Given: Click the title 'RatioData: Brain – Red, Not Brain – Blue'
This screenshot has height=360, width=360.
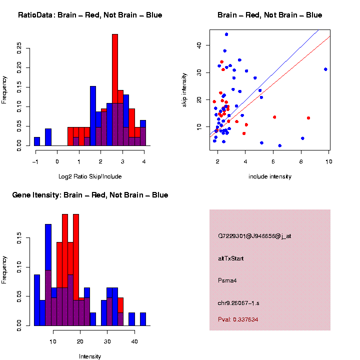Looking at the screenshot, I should click(90, 15).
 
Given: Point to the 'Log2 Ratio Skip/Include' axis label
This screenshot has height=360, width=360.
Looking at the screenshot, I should click(90, 176).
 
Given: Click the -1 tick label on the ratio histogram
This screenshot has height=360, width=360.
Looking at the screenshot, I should click(35, 161).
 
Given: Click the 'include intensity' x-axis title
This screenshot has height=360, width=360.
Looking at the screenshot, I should click(270, 176).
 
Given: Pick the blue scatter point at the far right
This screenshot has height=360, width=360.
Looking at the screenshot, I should click(325, 69).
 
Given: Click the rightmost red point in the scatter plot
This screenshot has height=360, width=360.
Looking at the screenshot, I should click(308, 118).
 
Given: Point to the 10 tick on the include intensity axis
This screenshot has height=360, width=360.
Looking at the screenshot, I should click(329, 161).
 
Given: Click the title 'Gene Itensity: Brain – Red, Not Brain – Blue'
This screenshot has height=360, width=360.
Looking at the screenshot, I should click(90, 195).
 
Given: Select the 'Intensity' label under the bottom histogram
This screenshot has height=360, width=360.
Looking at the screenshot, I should click(90, 356).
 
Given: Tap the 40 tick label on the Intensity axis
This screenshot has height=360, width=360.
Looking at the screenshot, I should click(134, 341).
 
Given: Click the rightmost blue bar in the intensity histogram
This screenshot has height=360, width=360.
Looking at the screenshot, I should click(143, 319).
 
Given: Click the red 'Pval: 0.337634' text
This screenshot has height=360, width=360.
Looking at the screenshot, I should click(238, 319).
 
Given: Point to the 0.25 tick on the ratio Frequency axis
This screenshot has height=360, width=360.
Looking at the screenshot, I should click(19, 47).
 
